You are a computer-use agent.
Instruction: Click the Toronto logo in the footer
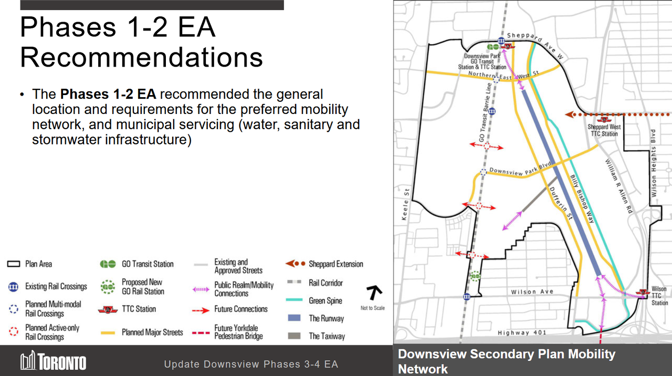(53, 362)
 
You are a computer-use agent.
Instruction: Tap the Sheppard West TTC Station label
(604, 130)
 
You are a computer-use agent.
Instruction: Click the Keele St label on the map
(405, 205)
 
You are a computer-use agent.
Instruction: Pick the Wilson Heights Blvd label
(654, 163)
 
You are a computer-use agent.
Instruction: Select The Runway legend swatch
(294, 318)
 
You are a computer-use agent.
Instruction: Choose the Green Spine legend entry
(325, 301)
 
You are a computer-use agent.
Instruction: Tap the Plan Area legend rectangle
(14, 264)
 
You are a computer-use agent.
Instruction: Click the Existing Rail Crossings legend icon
(14, 287)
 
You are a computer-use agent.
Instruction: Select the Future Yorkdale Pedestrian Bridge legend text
(238, 332)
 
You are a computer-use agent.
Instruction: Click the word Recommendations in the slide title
(141, 57)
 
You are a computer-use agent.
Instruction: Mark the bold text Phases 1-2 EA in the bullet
(108, 95)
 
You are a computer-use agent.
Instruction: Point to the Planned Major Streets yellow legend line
(108, 332)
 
